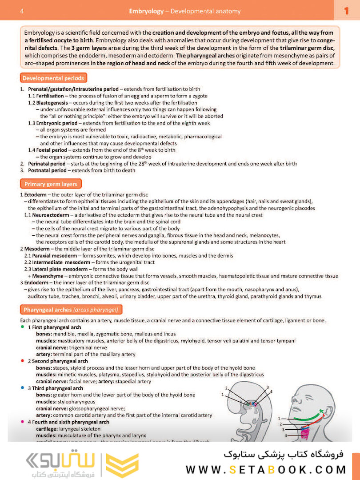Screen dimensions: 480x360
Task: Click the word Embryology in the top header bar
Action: pos(146,11)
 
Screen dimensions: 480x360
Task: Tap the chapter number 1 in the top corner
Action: pos(347,11)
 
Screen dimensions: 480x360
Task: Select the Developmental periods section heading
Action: pos(53,78)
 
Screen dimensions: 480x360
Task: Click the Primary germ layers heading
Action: pos(51,184)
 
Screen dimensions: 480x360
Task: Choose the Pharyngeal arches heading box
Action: pos(71,310)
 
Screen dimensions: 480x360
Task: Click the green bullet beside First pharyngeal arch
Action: pos(23,327)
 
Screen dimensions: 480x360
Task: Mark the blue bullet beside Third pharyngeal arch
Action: pos(23,388)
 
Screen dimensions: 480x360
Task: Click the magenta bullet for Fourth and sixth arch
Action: pos(23,421)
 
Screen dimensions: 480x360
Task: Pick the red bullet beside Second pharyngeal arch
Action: pos(23,361)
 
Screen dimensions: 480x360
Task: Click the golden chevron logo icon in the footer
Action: pos(117,466)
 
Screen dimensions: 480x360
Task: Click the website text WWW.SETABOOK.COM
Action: pos(266,469)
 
